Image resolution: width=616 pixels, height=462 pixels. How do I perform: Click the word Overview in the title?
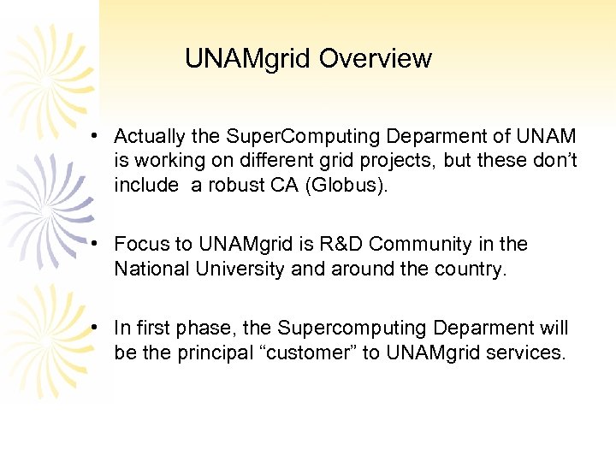tap(376, 59)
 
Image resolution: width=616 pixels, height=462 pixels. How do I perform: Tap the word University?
tap(242, 269)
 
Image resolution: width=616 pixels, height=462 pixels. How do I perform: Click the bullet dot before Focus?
tap(100, 245)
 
